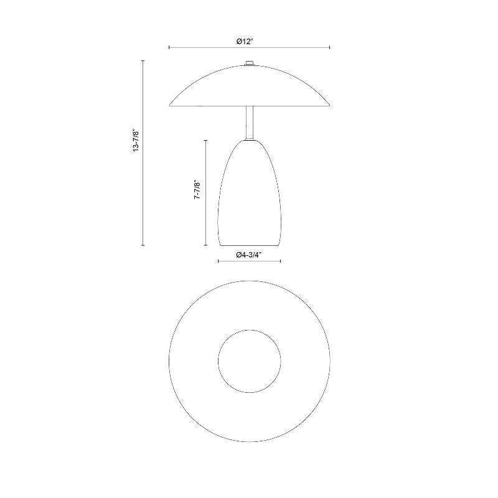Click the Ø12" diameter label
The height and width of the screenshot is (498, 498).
click(245, 41)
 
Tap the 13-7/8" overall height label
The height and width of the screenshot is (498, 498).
click(136, 140)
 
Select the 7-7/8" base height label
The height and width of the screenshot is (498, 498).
click(197, 190)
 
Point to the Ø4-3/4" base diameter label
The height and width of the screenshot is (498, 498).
click(248, 255)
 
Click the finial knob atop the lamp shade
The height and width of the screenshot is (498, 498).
click(250, 63)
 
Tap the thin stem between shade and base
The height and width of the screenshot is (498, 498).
click(250, 122)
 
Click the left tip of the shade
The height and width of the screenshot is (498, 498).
click(169, 105)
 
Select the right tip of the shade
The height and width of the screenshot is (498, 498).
click(329, 105)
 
